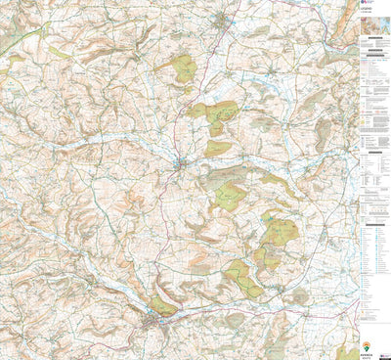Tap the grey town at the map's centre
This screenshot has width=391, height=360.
(x=179, y=162)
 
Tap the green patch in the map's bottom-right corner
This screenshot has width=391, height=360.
(x=347, y=352)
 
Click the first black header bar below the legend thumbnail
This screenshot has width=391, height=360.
(x=373, y=37)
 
